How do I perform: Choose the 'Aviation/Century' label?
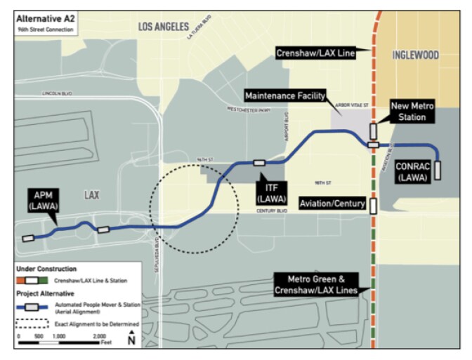click(332, 204)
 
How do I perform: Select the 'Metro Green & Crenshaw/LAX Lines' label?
click(317, 284)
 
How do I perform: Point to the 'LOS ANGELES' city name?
click(164, 27)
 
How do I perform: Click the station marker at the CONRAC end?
click(438, 171)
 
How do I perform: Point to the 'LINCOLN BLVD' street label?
click(57, 93)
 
